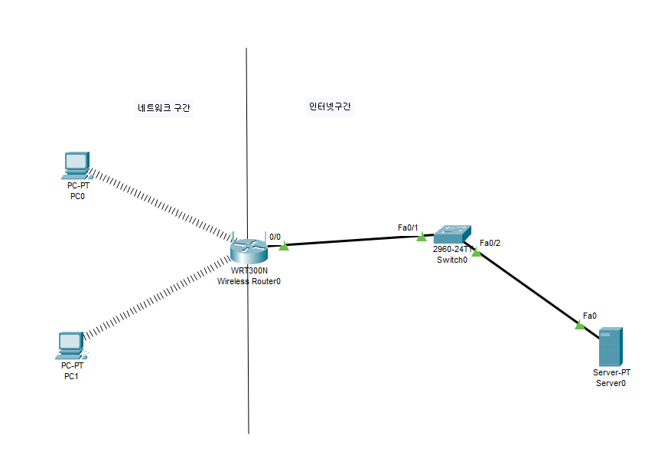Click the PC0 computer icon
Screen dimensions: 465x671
click(x=77, y=164)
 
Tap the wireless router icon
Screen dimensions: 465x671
click(x=246, y=250)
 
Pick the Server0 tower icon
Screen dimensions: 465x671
click(x=611, y=346)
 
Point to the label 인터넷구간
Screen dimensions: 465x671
click(x=330, y=106)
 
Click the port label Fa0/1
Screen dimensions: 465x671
click(x=407, y=227)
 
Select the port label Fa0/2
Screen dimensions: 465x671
click(x=490, y=243)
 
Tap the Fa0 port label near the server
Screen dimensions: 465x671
click(x=589, y=315)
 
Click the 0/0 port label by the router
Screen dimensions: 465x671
click(x=275, y=237)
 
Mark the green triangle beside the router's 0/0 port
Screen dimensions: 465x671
click(x=284, y=246)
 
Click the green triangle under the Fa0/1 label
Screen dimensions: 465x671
click(x=422, y=237)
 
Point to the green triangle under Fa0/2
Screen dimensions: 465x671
click(x=477, y=252)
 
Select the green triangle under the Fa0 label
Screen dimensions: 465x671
click(x=580, y=326)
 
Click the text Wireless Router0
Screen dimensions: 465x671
click(x=249, y=281)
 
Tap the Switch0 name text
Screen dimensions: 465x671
click(x=451, y=260)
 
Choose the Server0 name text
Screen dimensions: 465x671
click(x=611, y=383)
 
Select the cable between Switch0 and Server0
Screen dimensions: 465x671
click(x=528, y=288)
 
